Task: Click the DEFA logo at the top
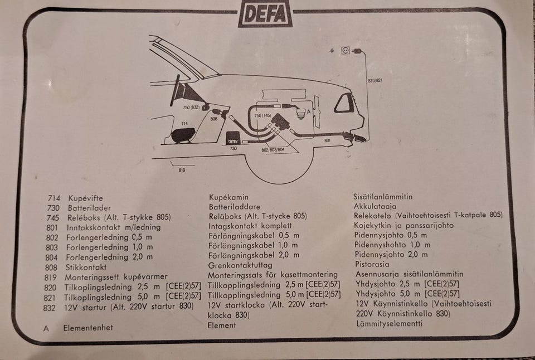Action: pyautogui.click(x=265, y=13)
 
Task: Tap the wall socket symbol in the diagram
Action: pyautogui.click(x=346, y=51)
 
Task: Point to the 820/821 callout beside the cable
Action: pyautogui.click(x=375, y=81)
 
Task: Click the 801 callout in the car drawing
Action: pyautogui.click(x=327, y=140)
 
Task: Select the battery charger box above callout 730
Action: pyautogui.click(x=234, y=138)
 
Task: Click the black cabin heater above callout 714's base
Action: pyautogui.click(x=183, y=135)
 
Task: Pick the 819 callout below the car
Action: pyautogui.click(x=182, y=169)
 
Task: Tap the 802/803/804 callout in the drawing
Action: pyautogui.click(x=273, y=150)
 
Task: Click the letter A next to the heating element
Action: pyautogui.click(x=308, y=111)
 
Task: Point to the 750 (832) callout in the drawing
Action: pyautogui.click(x=191, y=108)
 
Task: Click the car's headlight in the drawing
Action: pyautogui.click(x=344, y=103)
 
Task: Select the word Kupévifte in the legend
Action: pyautogui.click(x=85, y=198)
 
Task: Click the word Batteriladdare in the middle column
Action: pyautogui.click(x=235, y=207)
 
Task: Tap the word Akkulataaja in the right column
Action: pyautogui.click(x=375, y=206)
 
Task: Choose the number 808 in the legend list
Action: pyautogui.click(x=51, y=267)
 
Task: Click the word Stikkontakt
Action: pyautogui.click(x=86, y=267)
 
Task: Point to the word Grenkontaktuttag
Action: pyautogui.click(x=240, y=265)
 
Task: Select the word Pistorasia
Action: pyautogui.click(x=372, y=264)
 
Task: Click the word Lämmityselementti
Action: pyautogui.click(x=390, y=323)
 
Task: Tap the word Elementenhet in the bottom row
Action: pyautogui.click(x=88, y=328)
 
